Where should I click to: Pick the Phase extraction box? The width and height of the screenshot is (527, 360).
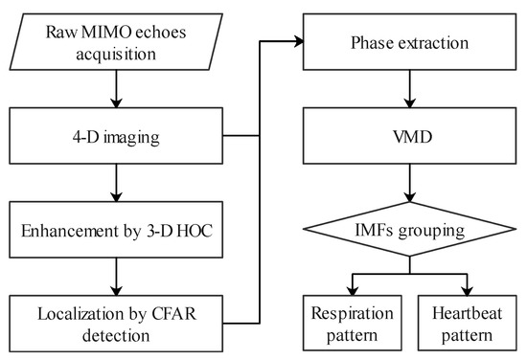click(x=411, y=42)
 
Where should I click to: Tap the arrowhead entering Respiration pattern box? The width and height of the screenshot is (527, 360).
click(x=352, y=289)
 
